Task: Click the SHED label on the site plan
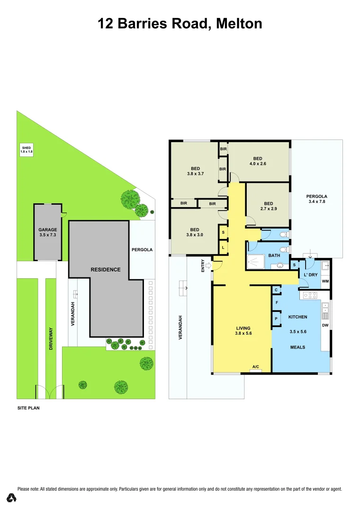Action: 27,150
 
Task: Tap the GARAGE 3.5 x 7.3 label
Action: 47,232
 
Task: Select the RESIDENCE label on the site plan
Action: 106,269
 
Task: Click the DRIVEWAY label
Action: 51,340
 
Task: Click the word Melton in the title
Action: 239,23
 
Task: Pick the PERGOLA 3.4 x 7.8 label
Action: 316,199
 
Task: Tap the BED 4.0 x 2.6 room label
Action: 258,161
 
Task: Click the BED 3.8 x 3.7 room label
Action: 195,171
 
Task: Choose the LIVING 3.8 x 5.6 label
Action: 243,330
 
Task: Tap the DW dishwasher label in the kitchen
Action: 325,325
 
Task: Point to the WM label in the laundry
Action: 325,281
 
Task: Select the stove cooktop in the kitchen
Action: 310,295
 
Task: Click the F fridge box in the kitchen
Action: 276,302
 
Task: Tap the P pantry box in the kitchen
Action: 276,319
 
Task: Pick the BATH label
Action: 274,256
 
